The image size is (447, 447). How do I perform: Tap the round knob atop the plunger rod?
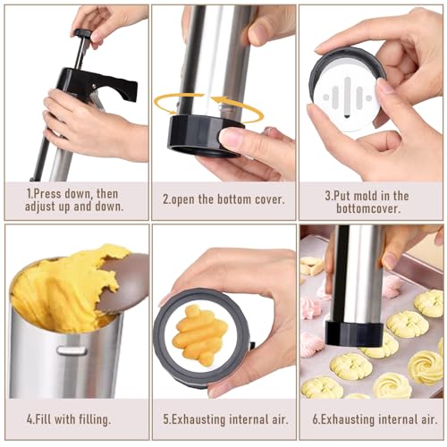83,35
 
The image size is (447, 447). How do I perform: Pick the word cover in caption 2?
265,199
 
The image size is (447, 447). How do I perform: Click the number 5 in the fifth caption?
166,417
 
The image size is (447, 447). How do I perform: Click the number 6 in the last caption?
315,417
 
